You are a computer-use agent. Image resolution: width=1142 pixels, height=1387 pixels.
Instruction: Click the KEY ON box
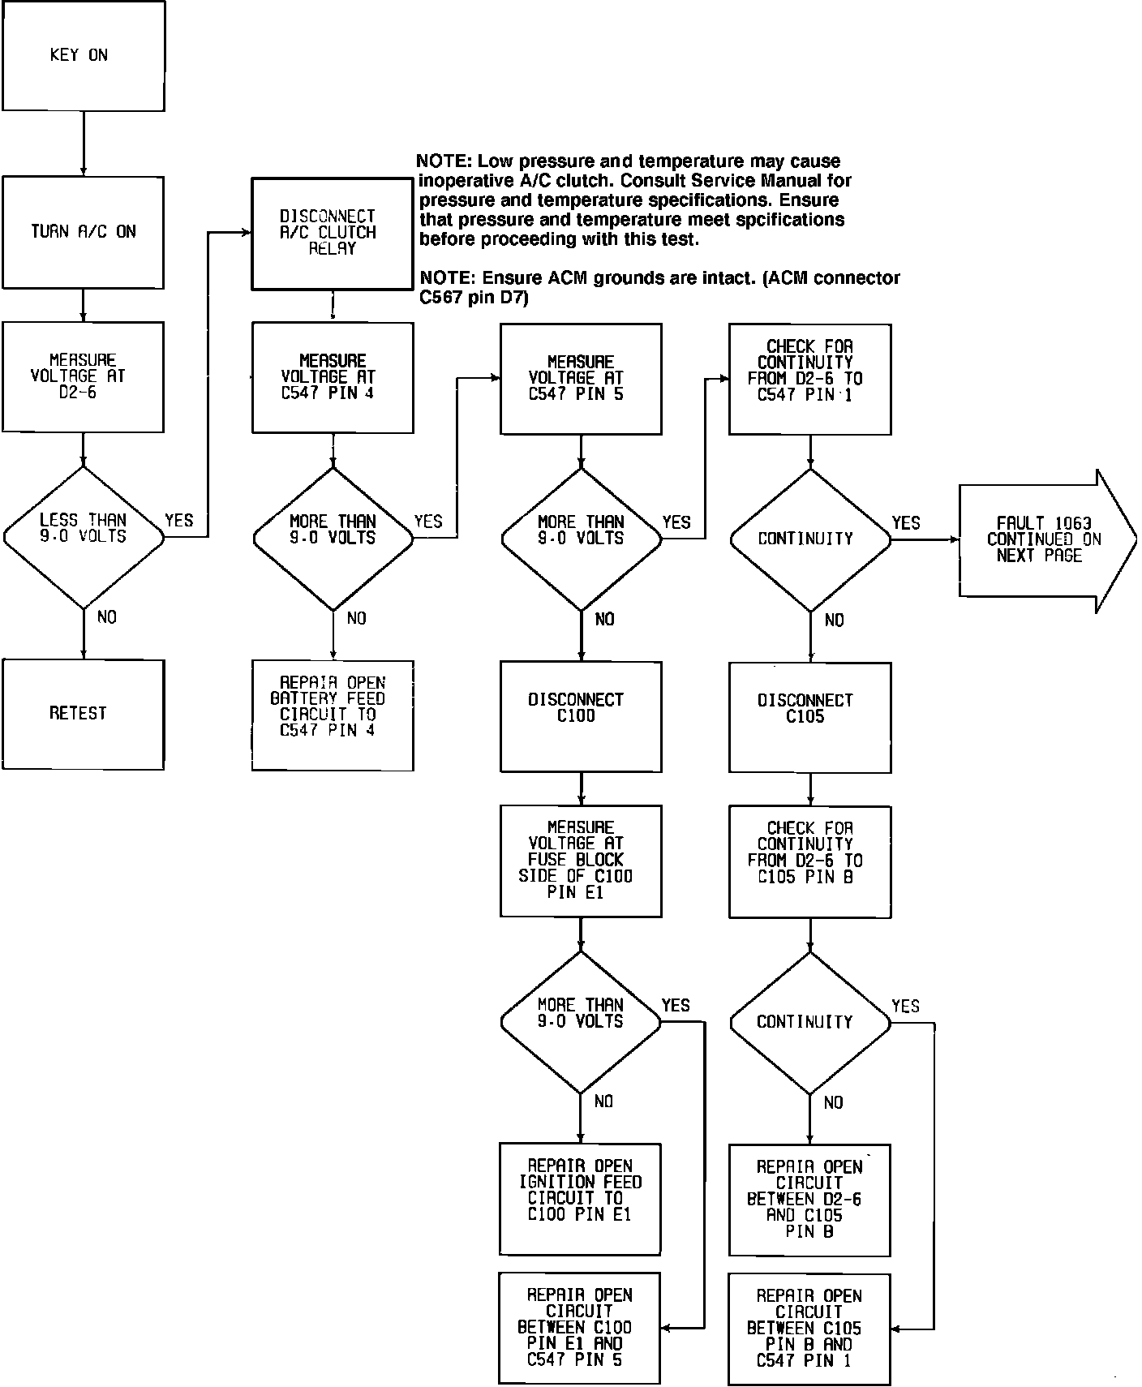click(83, 55)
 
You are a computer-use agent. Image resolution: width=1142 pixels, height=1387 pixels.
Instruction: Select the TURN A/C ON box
click(83, 232)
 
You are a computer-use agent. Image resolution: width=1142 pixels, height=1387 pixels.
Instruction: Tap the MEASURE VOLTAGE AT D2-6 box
click(83, 376)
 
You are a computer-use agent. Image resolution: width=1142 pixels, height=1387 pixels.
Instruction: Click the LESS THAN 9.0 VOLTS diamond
click(84, 536)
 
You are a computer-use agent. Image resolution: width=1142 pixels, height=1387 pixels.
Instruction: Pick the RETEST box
click(83, 714)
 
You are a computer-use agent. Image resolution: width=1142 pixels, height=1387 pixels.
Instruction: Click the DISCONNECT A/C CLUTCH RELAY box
click(332, 233)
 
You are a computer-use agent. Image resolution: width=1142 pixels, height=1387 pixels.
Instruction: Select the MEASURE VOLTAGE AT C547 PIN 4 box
click(333, 377)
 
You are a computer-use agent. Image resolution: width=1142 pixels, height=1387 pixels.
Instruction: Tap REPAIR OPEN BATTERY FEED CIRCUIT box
click(333, 715)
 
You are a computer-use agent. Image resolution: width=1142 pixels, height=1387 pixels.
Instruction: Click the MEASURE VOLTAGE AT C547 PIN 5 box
click(581, 378)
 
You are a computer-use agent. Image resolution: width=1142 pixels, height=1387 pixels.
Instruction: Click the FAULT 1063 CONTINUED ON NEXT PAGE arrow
click(1042, 540)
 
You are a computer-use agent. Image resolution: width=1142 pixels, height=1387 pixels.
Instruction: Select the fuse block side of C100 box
click(581, 861)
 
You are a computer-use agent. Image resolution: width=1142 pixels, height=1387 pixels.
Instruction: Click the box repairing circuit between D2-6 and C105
click(809, 1199)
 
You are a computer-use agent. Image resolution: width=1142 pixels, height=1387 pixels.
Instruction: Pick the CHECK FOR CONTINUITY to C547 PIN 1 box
click(809, 379)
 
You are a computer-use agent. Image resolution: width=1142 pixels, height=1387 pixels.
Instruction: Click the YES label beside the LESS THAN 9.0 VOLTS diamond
click(179, 521)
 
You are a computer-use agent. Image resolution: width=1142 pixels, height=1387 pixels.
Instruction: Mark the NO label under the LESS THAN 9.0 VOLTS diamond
click(107, 618)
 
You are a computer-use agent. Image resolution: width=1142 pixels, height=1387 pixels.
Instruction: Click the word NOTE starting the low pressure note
click(443, 161)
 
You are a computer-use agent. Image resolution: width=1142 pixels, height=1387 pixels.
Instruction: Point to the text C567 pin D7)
click(474, 298)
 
